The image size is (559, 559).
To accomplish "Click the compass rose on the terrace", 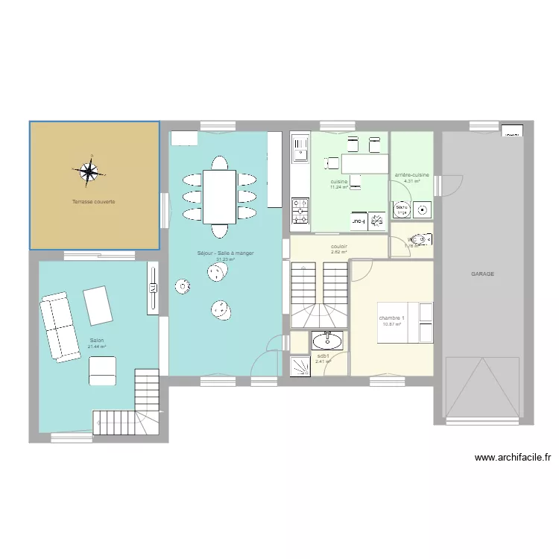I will tap(89, 171).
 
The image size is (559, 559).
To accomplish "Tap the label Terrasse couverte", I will tap(93, 202).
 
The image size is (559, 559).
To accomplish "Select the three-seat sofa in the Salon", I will tap(59, 327).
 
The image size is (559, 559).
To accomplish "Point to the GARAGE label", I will tap(482, 274).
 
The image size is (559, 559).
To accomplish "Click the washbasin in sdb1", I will tap(327, 341).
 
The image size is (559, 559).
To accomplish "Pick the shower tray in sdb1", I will tap(300, 364).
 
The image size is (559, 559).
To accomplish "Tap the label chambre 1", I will tap(391, 318).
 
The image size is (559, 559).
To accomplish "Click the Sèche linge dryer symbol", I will tap(402, 211).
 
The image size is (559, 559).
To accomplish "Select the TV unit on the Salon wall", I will tap(153, 287).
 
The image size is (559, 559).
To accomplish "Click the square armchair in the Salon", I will tap(102, 370).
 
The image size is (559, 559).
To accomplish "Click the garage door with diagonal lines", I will tap(482, 387).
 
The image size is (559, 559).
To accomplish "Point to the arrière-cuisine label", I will tap(412, 175).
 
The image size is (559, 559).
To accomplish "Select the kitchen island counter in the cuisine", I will tap(364, 163).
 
